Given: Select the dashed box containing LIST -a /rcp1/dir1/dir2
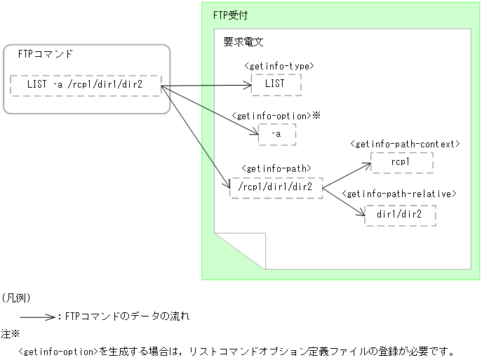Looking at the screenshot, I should (86, 86).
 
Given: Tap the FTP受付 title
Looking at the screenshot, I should (229, 15).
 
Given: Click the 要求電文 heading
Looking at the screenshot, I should (239, 42).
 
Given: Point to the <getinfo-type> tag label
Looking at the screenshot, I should (279, 67).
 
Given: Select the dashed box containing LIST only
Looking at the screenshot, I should (276, 84).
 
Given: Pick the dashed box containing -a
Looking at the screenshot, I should (277, 133).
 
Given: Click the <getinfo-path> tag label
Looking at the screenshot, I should (275, 169).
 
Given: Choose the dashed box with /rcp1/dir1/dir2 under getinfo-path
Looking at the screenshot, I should (276, 187).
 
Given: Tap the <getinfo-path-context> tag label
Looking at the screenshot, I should (404, 144).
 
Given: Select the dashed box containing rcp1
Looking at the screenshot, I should (401, 162).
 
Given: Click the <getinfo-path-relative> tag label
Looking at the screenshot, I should (400, 194).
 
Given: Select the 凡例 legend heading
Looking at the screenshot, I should (15, 298).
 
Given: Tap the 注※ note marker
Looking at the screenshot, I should (10, 334).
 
